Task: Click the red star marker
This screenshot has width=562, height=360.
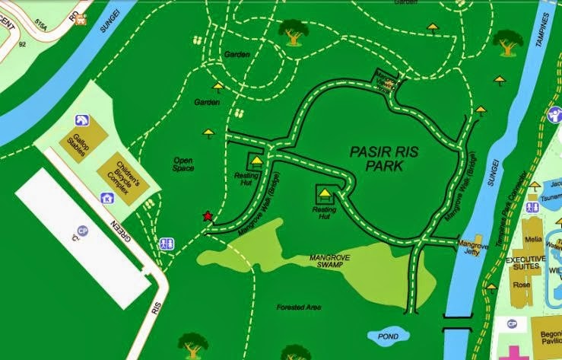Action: tap(208, 216)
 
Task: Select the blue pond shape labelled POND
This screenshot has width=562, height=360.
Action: tap(388, 335)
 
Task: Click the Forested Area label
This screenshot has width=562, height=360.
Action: tap(299, 307)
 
